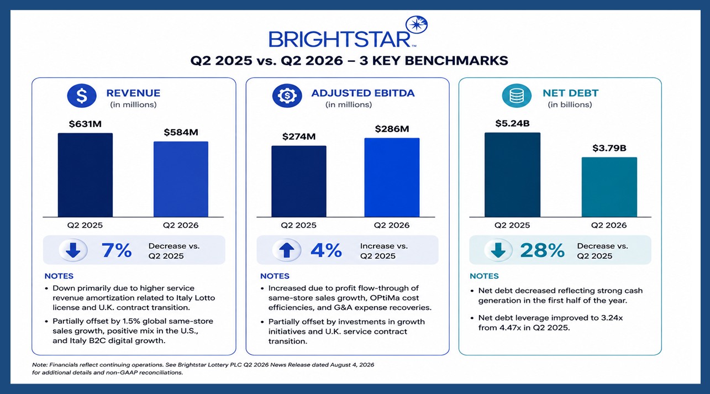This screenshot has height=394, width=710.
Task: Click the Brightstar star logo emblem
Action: point(417,24)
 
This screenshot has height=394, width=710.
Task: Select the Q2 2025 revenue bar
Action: point(85,175)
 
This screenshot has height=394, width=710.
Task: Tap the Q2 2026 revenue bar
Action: point(181,179)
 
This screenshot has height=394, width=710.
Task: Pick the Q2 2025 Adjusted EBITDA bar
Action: point(299,181)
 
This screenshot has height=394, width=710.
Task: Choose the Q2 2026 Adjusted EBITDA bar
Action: point(392,177)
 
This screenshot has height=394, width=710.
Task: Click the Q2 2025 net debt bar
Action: point(513,175)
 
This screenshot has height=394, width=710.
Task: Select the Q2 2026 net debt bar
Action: point(609,187)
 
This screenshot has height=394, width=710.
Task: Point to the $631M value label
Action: point(85,124)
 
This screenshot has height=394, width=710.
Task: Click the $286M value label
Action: point(392,129)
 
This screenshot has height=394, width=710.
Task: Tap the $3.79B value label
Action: point(609,148)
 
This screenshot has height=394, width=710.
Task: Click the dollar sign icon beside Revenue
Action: point(82,96)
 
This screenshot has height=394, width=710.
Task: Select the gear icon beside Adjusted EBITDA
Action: point(287,96)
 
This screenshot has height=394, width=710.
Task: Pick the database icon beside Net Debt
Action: point(517,96)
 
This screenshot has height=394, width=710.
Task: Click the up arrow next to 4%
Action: point(287,250)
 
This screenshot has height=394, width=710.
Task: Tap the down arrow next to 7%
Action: point(73,250)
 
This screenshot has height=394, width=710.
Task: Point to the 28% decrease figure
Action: point(543,250)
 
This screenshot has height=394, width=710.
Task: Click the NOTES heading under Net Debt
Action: point(484,276)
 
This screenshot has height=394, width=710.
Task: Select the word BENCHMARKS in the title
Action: point(456,61)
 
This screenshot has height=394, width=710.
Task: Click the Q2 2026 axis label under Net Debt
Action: point(609,225)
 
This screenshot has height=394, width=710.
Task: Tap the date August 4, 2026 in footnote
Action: point(352,365)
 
